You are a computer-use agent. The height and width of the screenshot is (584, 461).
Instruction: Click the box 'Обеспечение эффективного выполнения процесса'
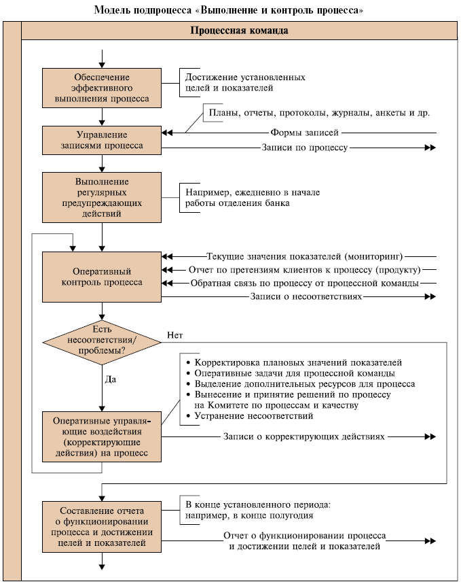pos(102,88)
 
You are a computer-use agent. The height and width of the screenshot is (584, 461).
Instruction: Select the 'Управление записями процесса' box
pos(102,140)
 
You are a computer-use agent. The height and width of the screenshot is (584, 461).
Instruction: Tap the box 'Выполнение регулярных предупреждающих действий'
pos(102,197)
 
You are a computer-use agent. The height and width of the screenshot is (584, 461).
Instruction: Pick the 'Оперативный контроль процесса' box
pos(102,277)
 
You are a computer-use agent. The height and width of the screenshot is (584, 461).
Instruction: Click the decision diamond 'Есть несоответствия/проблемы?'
pos(101,340)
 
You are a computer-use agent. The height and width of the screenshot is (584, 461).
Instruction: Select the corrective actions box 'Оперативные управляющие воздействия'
pos(102,436)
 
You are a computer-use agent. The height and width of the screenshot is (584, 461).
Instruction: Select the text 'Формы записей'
pos(304,133)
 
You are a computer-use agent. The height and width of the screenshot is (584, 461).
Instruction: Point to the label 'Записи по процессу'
pos(304,147)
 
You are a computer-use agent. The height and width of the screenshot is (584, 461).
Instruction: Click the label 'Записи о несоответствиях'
pos(306,296)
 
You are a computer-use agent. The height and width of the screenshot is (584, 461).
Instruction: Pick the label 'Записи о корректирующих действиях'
pos(304,436)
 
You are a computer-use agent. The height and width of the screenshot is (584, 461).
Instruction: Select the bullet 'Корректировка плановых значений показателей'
pos(298,362)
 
